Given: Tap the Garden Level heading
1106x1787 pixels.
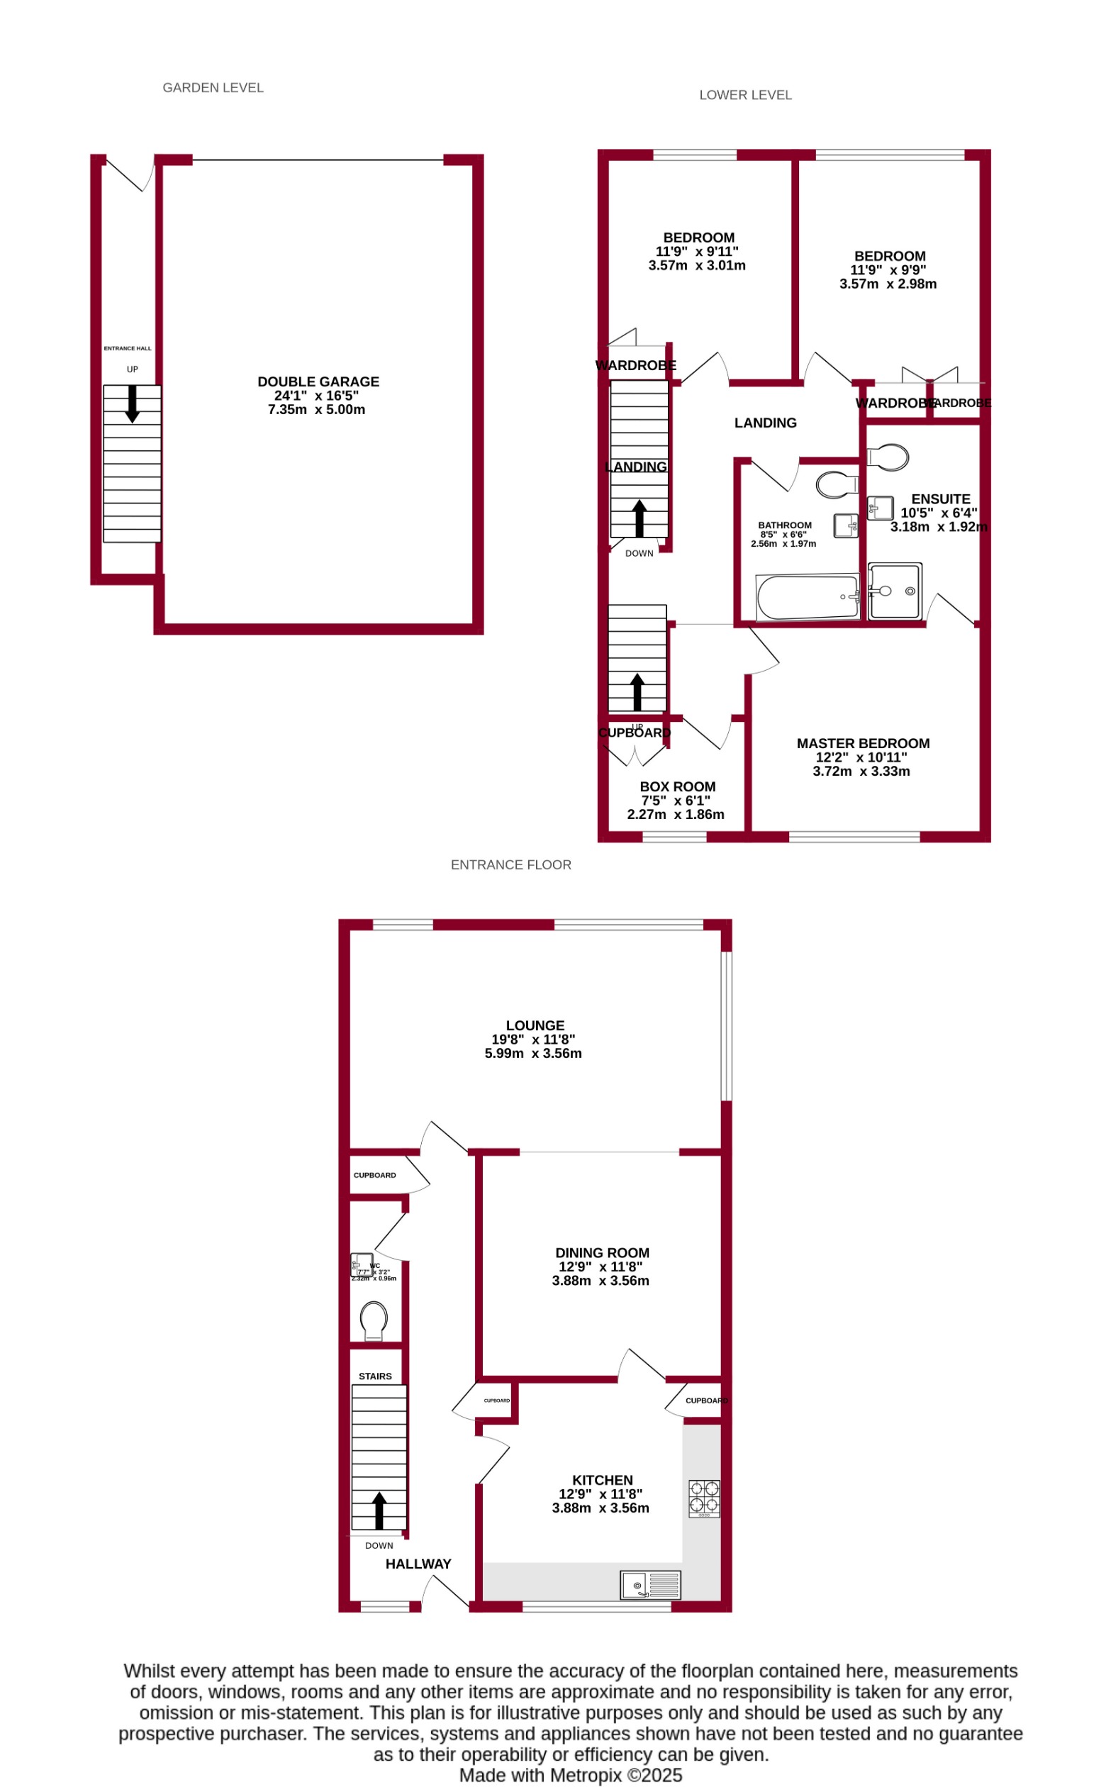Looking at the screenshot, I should tap(213, 88).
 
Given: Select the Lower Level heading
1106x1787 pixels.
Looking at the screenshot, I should tap(745, 95).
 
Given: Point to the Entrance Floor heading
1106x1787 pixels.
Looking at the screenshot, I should tap(510, 864).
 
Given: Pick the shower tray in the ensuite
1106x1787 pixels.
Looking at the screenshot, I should tap(895, 591).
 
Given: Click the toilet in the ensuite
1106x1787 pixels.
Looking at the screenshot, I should tap(890, 457).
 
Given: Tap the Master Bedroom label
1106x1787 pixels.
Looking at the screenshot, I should tap(863, 744).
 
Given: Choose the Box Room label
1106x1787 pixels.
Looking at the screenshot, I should tap(677, 787).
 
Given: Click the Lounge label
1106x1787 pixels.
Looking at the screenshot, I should tap(535, 1025).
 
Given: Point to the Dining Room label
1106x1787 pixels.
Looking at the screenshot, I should tap(602, 1253).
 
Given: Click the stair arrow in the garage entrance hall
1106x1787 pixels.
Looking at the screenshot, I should tap(133, 403).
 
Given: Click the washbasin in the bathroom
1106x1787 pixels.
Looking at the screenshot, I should tap(846, 526).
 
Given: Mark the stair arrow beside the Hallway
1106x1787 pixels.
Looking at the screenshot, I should tap(379, 1511).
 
